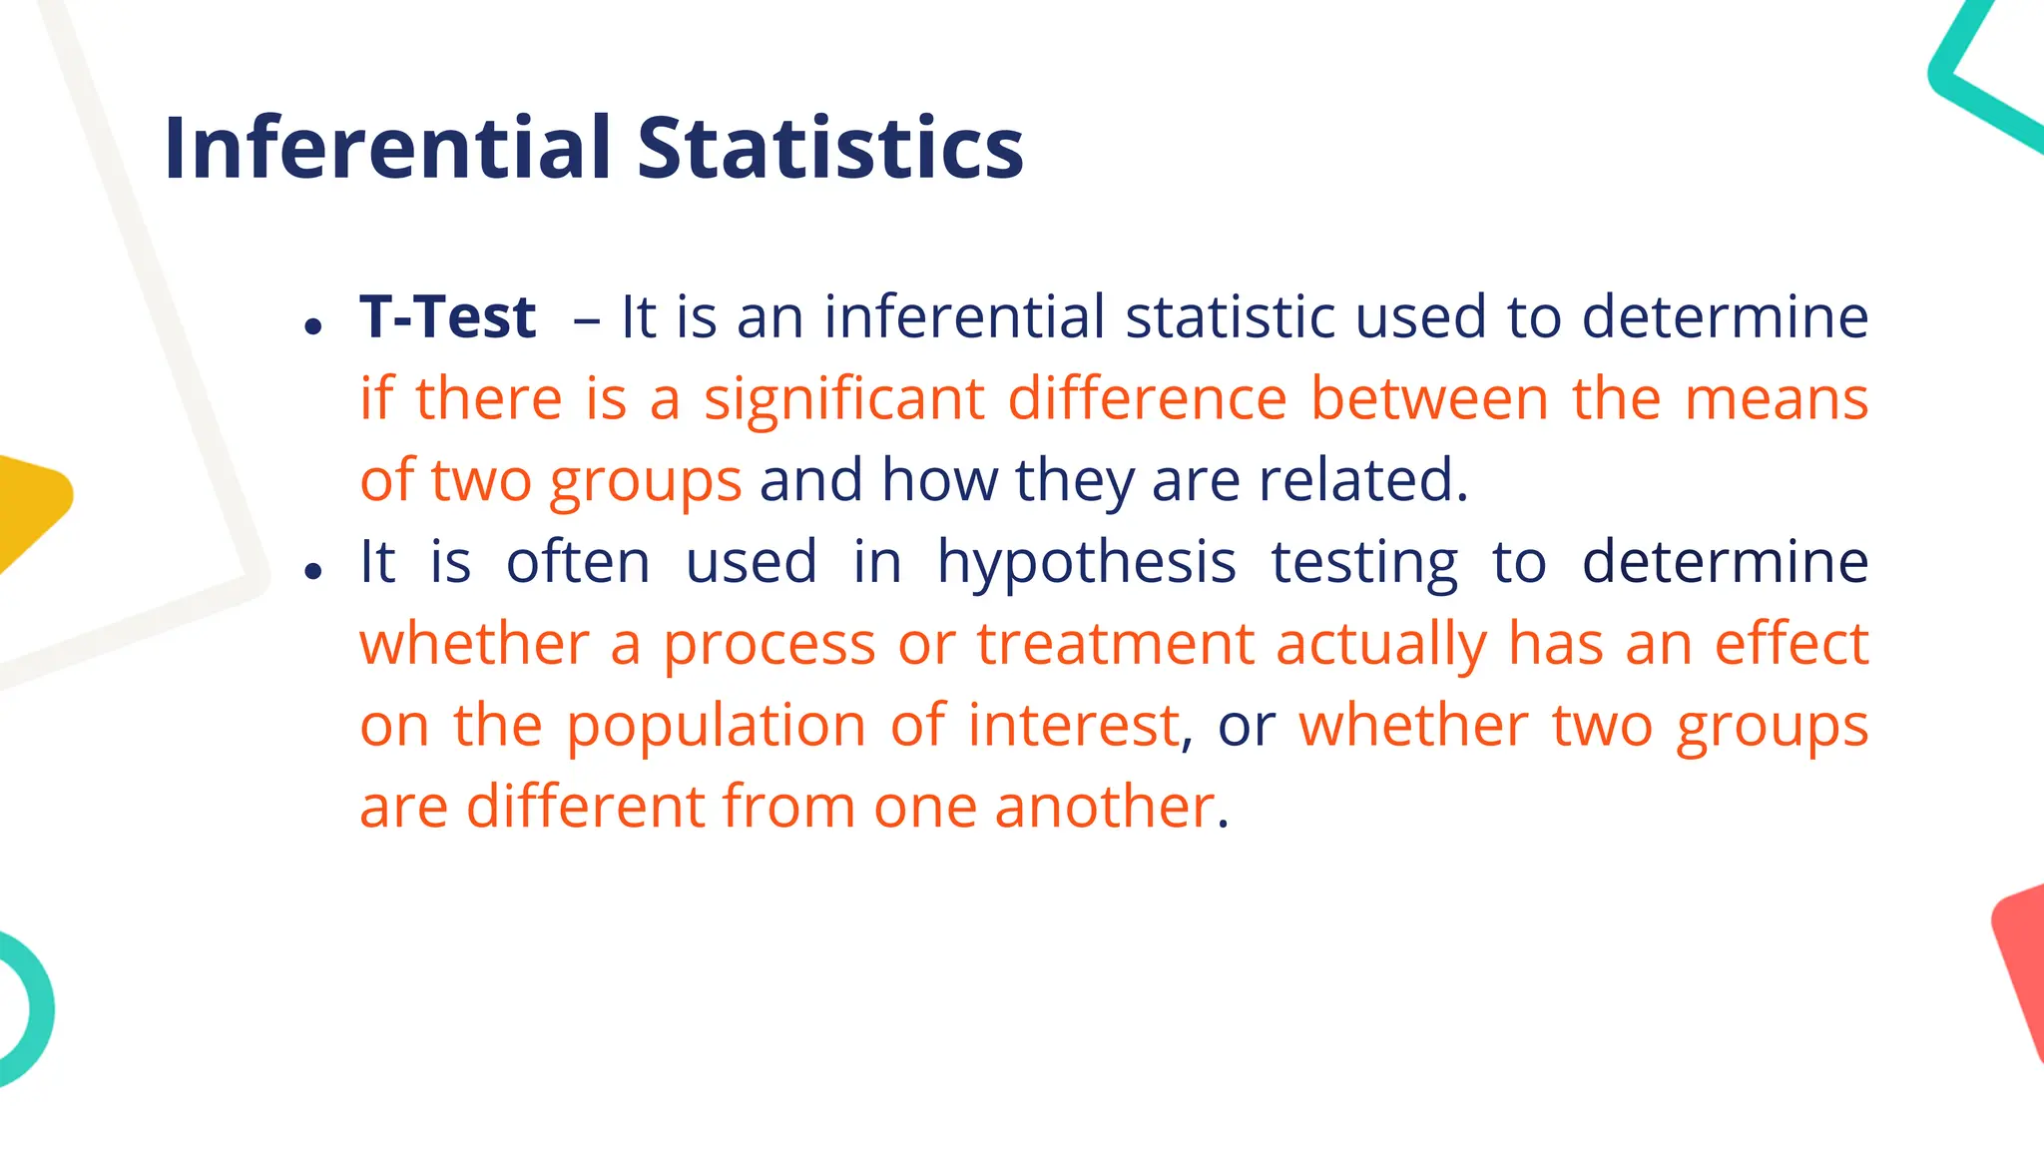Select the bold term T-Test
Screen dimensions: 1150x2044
point(448,317)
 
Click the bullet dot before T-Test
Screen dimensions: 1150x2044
point(314,325)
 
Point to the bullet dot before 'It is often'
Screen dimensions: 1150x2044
point(314,571)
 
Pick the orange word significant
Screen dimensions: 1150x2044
point(844,399)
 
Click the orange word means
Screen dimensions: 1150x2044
point(1777,399)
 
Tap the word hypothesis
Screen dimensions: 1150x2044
point(1086,563)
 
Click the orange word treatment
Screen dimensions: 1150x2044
point(1115,644)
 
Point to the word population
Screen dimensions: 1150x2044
point(716,726)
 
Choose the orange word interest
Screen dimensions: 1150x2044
point(1074,726)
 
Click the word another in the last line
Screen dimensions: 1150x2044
point(1104,807)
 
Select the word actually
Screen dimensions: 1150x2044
point(1381,644)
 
